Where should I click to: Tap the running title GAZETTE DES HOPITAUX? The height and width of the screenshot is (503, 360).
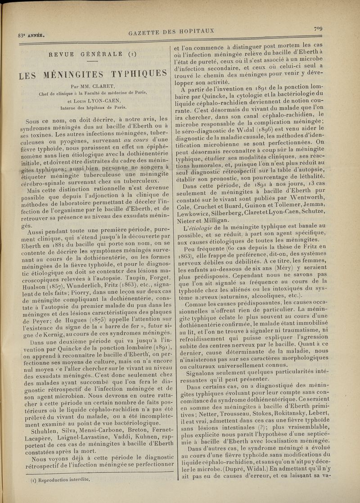tap(171, 32)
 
